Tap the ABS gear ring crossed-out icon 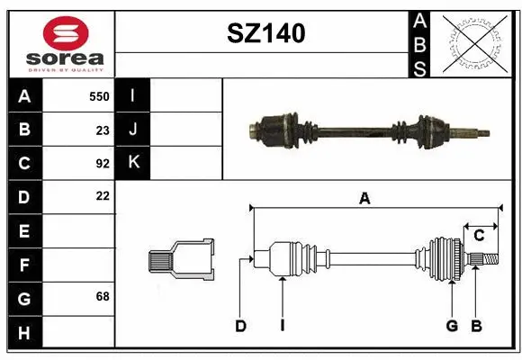pyautogui.click(x=476, y=43)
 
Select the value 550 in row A pyautogui.click(x=99, y=96)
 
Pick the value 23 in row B pyautogui.click(x=102, y=130)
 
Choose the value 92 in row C pyautogui.click(x=102, y=164)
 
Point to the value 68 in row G pyautogui.click(x=102, y=296)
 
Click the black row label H pyautogui.click(x=24, y=333)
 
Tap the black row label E pyautogui.click(x=24, y=231)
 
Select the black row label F pyautogui.click(x=24, y=265)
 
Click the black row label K pyautogui.click(x=133, y=163)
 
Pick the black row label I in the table pyautogui.click(x=133, y=95)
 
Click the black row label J pyautogui.click(x=133, y=130)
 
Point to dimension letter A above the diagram pyautogui.click(x=364, y=199)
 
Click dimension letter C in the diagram pyautogui.click(x=479, y=235)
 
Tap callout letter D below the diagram pyautogui.click(x=240, y=326)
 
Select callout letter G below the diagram pyautogui.click(x=452, y=326)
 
